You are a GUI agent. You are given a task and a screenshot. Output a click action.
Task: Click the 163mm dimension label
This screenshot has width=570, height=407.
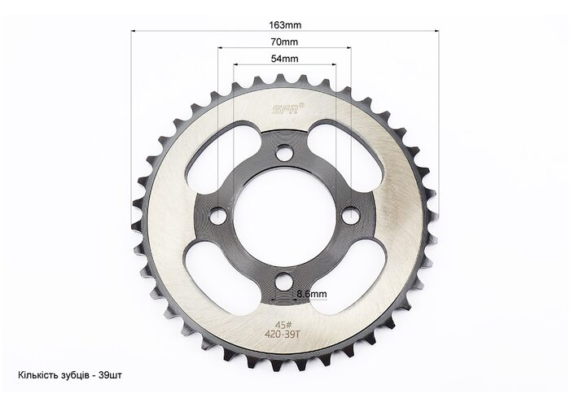285,25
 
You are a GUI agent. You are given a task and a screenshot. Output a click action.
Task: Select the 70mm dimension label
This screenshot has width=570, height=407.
284,42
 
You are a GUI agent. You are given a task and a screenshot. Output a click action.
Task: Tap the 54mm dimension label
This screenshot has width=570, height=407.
285,59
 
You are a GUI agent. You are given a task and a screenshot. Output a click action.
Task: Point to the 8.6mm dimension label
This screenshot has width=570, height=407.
312,294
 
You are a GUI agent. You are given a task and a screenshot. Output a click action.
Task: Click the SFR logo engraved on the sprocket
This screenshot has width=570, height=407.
286,109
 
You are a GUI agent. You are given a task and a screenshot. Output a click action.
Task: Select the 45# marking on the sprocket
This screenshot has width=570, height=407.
282,325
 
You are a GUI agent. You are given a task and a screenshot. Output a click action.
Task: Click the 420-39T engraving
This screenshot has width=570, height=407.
283,335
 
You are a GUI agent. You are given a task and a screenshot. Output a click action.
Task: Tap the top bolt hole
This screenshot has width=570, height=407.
284,152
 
